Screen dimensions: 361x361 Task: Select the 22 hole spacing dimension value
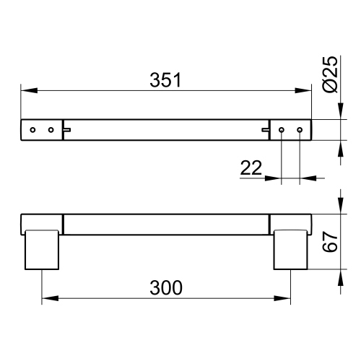[251, 168]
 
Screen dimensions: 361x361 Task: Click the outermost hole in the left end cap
[32, 129]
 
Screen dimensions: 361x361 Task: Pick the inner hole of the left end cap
[51, 129]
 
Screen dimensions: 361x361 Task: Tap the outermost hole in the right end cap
[299, 129]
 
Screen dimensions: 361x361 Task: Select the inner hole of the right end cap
[282, 129]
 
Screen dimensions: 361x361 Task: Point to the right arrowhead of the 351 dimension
[306, 90]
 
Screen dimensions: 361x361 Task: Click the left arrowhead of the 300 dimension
[45, 297]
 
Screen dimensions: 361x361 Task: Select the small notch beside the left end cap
[66, 130]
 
